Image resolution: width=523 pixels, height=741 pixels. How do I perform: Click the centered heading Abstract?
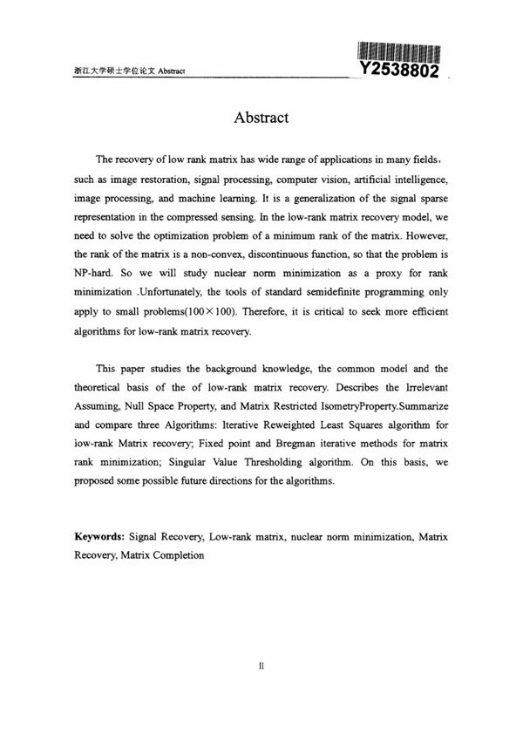click(x=261, y=117)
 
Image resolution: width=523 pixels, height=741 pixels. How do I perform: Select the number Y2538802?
click(x=400, y=69)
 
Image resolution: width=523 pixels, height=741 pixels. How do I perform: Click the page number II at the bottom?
click(x=261, y=665)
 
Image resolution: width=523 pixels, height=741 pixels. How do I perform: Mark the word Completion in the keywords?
click(x=176, y=555)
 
